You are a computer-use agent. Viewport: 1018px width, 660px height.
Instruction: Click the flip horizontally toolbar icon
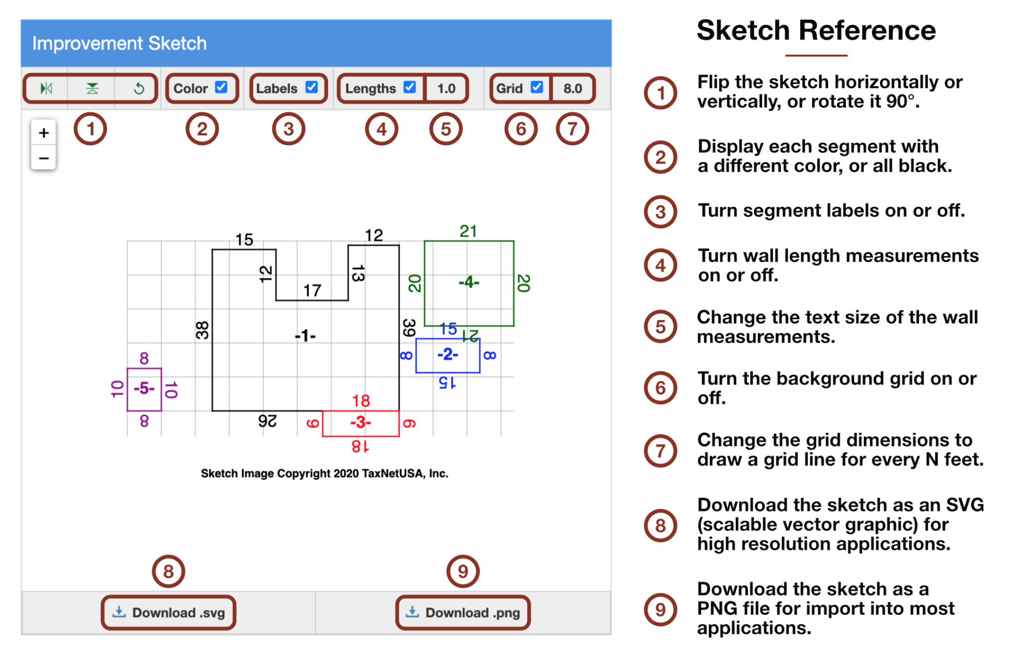[x=46, y=89]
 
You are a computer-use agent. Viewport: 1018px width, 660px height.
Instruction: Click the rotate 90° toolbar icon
[x=139, y=89]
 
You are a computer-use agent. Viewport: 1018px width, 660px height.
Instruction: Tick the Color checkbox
[x=221, y=88]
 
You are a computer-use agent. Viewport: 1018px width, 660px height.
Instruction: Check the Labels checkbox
[x=312, y=88]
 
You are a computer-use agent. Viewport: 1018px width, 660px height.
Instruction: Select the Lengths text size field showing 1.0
[x=446, y=89]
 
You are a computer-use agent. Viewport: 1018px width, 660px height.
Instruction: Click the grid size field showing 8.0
[x=572, y=89]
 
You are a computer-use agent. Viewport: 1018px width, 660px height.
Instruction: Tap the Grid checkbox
[x=536, y=88]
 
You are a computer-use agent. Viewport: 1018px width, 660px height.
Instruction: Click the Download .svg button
[x=169, y=612]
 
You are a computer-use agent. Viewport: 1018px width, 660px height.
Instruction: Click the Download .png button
[x=463, y=612]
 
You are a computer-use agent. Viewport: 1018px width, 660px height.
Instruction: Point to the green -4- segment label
[x=469, y=283]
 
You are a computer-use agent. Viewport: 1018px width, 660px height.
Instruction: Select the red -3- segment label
[x=360, y=422]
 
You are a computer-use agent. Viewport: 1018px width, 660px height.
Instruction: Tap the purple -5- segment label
[x=144, y=388]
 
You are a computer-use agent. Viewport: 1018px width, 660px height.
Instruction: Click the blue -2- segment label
[x=447, y=354]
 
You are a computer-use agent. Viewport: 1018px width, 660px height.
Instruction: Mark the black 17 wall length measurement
[x=312, y=290]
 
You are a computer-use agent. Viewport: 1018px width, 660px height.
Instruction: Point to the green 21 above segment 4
[x=468, y=231]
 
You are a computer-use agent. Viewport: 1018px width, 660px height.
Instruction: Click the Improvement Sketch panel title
[x=119, y=43]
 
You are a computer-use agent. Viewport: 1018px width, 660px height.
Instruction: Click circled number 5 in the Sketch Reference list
[x=660, y=327]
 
